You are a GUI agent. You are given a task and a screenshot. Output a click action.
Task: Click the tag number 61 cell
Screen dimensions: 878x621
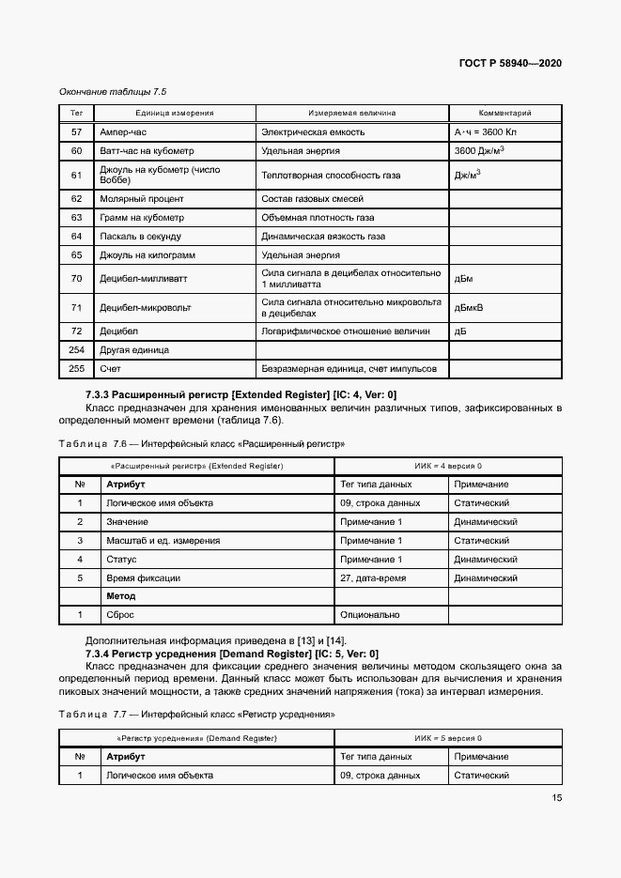coord(77,175)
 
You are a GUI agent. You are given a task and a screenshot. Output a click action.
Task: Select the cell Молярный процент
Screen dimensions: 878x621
coord(141,199)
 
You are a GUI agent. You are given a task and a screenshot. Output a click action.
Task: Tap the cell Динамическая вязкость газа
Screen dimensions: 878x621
coord(323,237)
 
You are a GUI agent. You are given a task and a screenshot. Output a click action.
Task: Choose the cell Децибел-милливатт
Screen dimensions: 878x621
coord(140,279)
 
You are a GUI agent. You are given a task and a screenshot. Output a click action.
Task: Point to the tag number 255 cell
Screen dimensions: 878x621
coord(77,369)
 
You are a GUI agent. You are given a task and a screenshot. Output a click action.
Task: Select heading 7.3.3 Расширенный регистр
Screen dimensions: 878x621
coord(241,395)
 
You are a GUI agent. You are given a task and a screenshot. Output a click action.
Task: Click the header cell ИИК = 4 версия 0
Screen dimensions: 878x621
coord(448,466)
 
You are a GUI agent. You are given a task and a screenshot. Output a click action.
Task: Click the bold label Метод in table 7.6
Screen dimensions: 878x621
coord(121,596)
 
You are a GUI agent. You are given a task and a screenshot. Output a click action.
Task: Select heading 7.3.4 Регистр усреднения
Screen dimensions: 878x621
coord(231,653)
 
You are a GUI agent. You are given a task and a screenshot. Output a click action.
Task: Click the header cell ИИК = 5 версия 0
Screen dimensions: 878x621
coord(448,738)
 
